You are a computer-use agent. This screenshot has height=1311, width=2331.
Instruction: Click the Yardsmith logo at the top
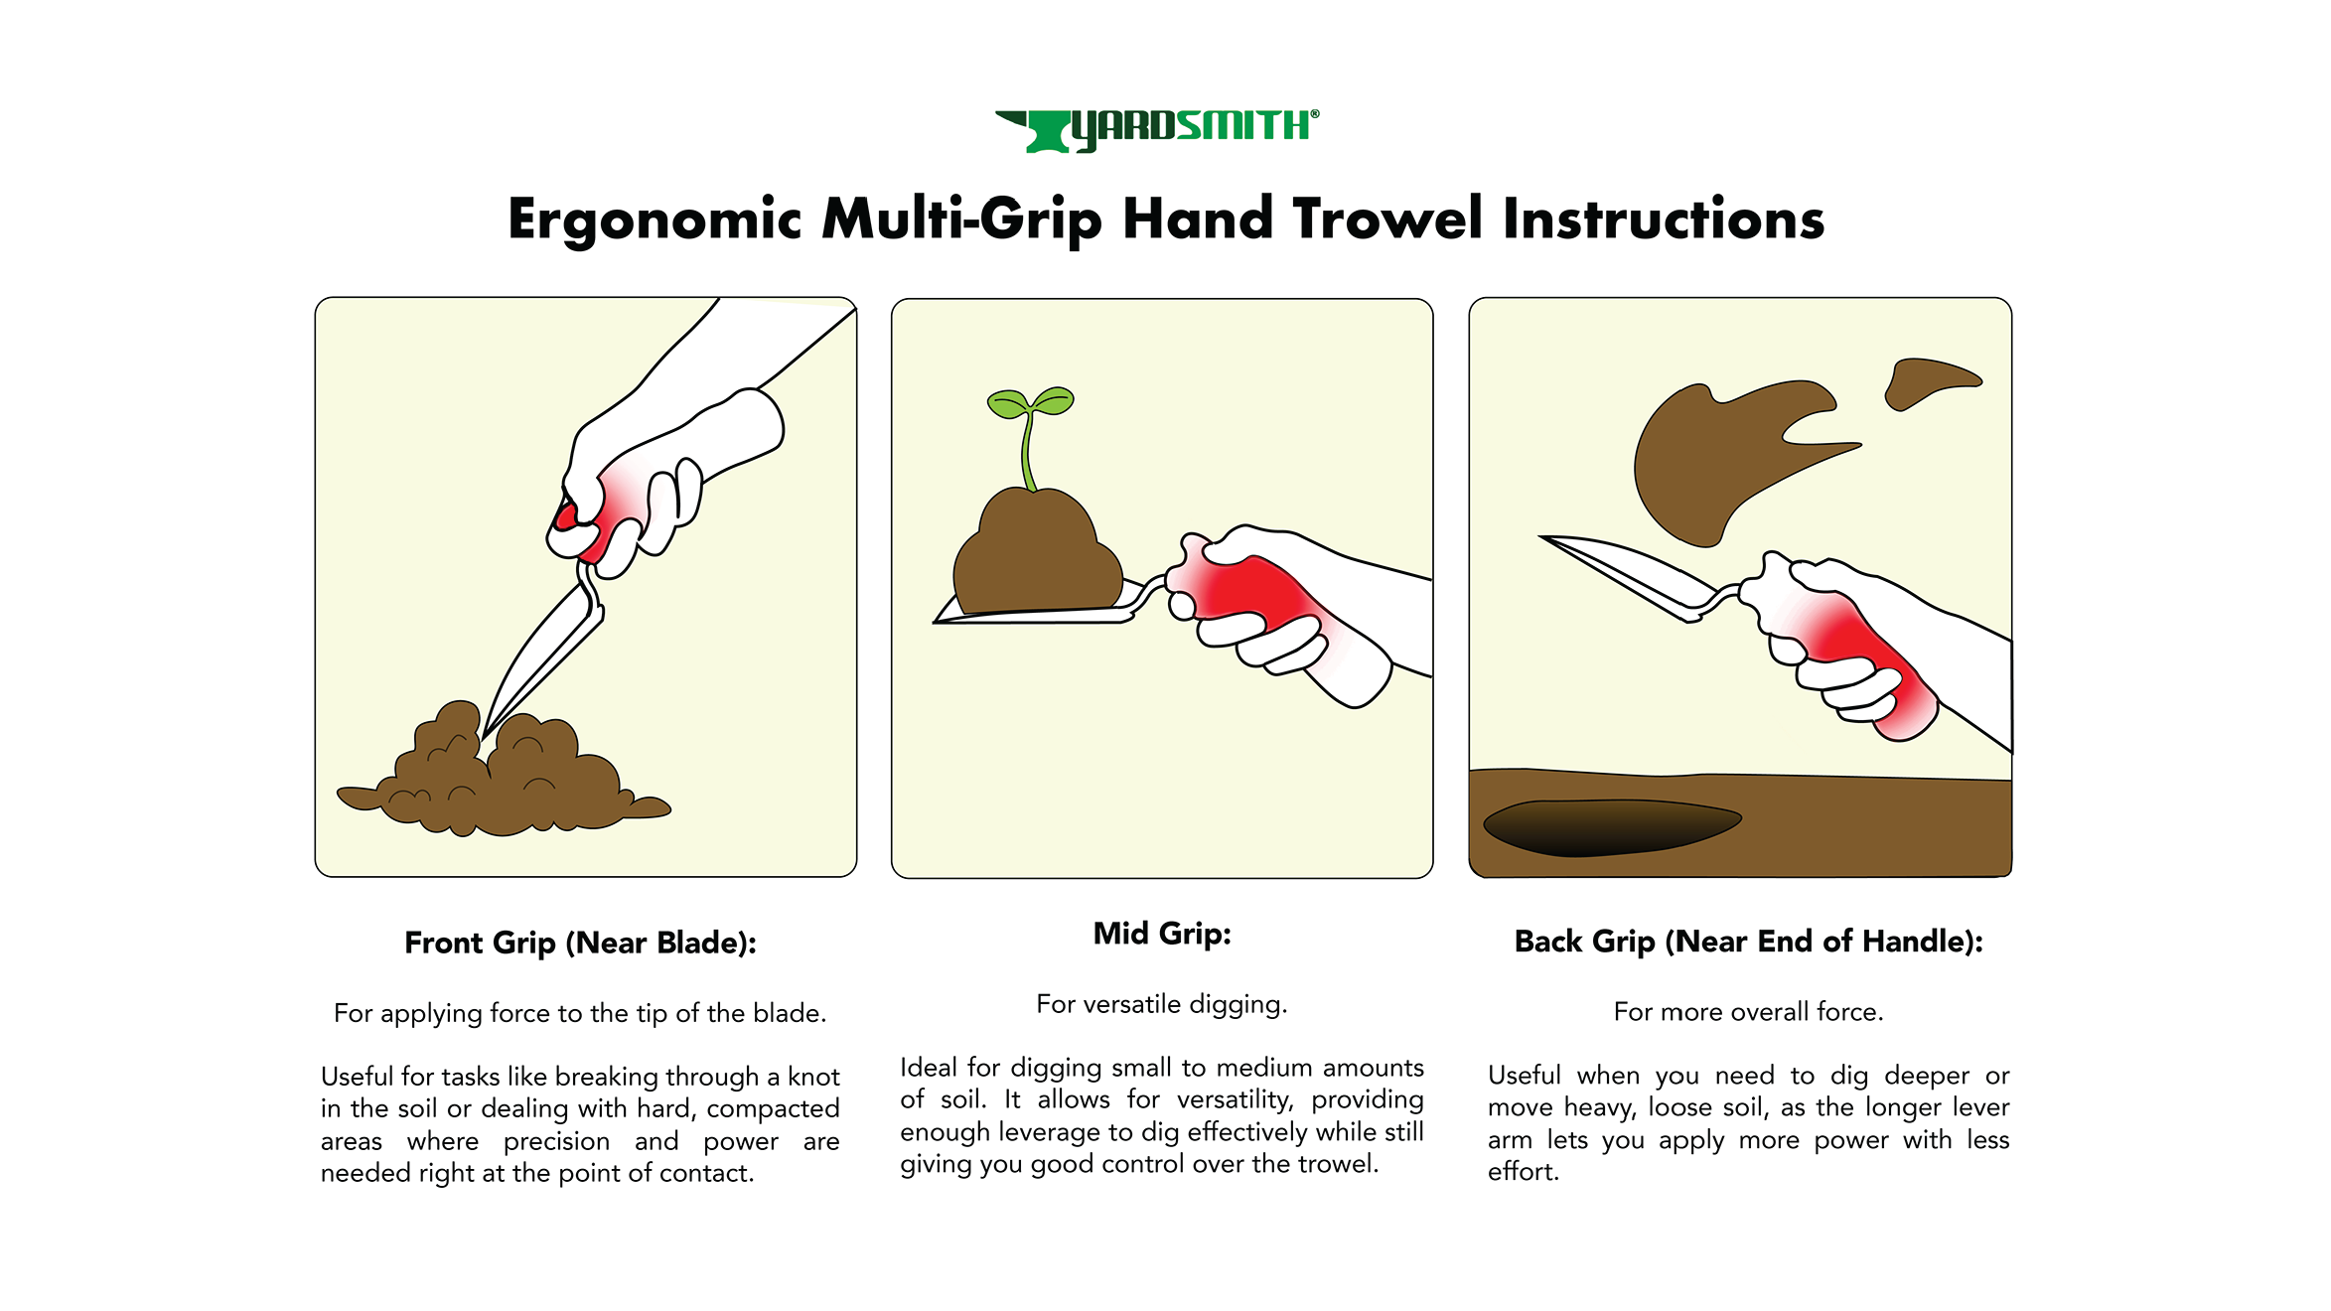point(1157,130)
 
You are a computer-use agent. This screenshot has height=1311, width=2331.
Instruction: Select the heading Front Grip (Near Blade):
point(581,943)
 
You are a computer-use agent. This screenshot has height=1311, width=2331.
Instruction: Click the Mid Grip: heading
point(1162,934)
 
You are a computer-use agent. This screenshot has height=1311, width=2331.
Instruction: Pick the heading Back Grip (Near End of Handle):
point(1748,941)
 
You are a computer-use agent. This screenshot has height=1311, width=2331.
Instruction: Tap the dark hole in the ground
point(1611,826)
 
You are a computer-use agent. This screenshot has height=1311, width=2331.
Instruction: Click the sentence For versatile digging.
point(1161,1004)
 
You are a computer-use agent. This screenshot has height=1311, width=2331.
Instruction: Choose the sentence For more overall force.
point(1748,1012)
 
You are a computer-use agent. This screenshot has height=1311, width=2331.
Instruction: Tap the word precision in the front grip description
point(556,1142)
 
